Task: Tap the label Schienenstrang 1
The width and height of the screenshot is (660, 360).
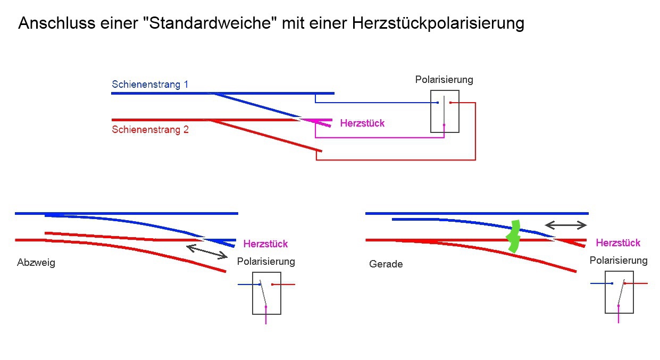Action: [150, 85]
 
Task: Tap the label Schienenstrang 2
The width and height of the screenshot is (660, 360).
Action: [150, 129]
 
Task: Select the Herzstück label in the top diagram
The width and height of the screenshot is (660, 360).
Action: [362, 123]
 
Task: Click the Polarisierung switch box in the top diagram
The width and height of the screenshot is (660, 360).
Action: [444, 111]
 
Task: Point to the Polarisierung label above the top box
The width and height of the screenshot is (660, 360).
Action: [444, 80]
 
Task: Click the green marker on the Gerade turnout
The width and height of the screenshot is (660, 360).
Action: [514, 236]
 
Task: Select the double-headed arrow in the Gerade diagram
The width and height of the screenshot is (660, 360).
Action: [566, 225]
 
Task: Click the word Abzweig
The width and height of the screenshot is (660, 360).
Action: [36, 263]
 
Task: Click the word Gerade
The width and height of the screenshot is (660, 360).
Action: [386, 264]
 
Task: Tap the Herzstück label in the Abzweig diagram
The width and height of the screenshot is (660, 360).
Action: [265, 244]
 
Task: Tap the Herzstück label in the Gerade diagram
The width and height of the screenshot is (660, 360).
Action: [618, 243]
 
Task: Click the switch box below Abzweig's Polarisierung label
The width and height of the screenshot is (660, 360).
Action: [266, 293]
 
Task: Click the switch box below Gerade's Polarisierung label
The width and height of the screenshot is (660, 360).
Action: [619, 292]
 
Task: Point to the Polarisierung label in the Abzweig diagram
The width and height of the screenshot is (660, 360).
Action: [266, 262]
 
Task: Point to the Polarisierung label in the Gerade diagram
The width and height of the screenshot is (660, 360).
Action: [619, 261]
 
